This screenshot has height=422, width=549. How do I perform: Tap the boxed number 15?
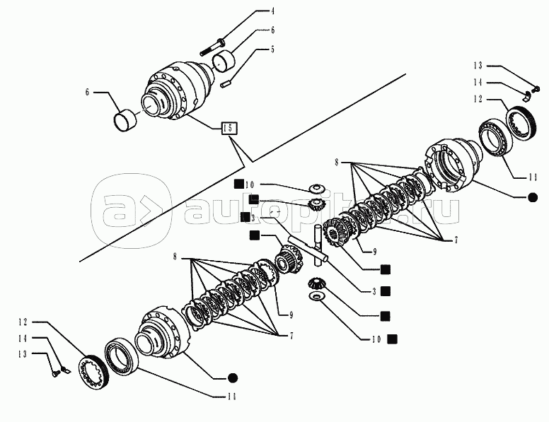click(229, 129)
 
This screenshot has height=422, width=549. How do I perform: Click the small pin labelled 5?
click(227, 83)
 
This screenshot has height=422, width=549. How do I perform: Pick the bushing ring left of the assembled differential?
click(126, 119)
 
